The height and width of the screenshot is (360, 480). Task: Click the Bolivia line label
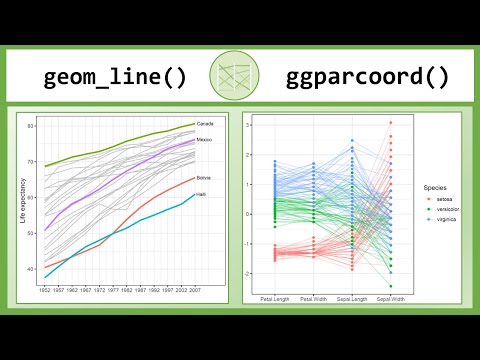203,177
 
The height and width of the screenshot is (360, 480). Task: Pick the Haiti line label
201,195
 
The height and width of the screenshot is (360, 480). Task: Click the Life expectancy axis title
23,200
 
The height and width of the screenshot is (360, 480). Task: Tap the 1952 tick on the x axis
45,289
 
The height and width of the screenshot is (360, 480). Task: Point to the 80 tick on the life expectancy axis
31,125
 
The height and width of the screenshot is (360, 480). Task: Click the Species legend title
434,187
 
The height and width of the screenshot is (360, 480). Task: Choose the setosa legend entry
440,199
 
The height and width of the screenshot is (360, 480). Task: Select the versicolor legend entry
443,208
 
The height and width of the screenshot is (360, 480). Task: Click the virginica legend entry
442,218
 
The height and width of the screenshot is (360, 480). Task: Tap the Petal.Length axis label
274,298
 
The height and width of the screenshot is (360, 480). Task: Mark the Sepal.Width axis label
391,298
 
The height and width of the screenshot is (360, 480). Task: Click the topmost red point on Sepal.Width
391,123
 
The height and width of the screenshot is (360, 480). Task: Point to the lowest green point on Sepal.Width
391,286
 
